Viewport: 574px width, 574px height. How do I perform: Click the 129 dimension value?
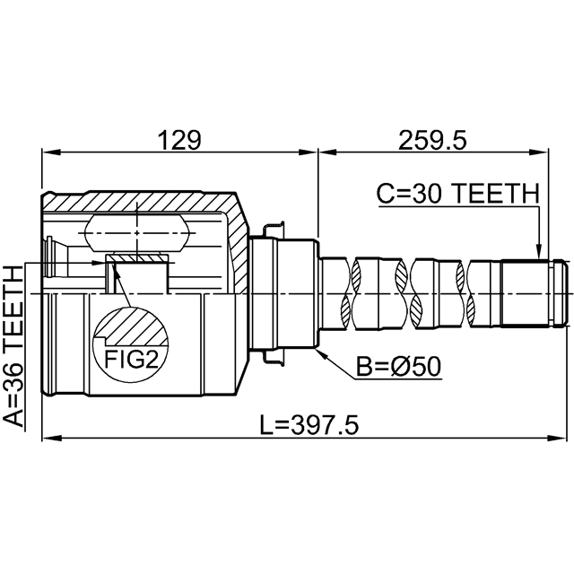(x=179, y=140)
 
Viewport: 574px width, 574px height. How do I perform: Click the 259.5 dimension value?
(x=432, y=140)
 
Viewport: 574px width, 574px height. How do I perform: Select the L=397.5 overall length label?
(x=309, y=425)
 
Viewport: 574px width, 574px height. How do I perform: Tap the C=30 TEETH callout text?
(x=458, y=194)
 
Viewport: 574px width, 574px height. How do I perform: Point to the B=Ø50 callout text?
(x=399, y=367)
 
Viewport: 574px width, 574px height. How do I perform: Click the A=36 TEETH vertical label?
(x=13, y=346)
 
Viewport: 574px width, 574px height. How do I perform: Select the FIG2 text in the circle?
(x=132, y=360)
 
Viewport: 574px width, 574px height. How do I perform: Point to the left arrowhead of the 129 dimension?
(x=50, y=152)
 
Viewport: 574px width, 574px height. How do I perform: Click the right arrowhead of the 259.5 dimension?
(x=540, y=152)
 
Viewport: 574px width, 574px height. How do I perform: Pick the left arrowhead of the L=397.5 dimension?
(x=50, y=439)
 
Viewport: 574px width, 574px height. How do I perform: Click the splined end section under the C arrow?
(x=525, y=293)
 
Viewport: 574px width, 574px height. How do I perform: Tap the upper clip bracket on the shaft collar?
(x=273, y=230)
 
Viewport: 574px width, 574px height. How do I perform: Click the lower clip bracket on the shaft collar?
(x=273, y=356)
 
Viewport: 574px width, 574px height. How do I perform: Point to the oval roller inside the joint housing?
(x=136, y=233)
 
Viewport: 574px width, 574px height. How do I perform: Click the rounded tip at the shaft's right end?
(x=559, y=293)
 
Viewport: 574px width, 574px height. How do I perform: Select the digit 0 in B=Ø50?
(x=432, y=367)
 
